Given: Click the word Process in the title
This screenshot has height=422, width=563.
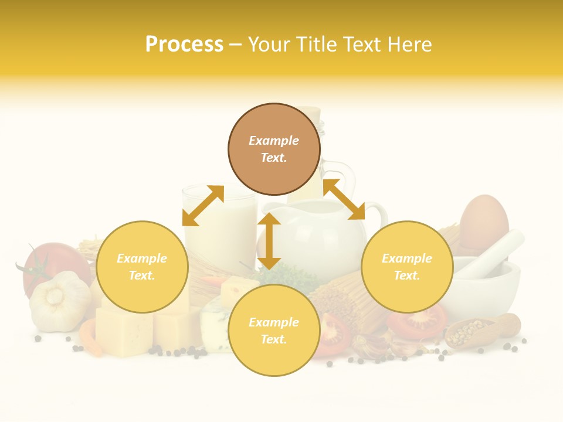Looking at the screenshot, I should click(x=184, y=44).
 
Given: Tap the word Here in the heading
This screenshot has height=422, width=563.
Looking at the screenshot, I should click(x=408, y=44).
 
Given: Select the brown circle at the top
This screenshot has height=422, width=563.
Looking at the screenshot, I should click(x=274, y=149).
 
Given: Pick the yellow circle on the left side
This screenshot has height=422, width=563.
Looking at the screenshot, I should click(x=142, y=267).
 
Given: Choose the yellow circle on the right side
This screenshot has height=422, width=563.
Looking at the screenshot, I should click(x=407, y=267).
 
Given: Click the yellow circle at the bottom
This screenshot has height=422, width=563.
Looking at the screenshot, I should click(x=274, y=331).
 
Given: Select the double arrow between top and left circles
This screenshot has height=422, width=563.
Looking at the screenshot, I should click(x=203, y=205).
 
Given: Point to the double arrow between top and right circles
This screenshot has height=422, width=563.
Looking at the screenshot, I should click(x=344, y=199).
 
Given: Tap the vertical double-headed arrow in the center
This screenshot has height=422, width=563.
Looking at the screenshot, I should click(x=269, y=241).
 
